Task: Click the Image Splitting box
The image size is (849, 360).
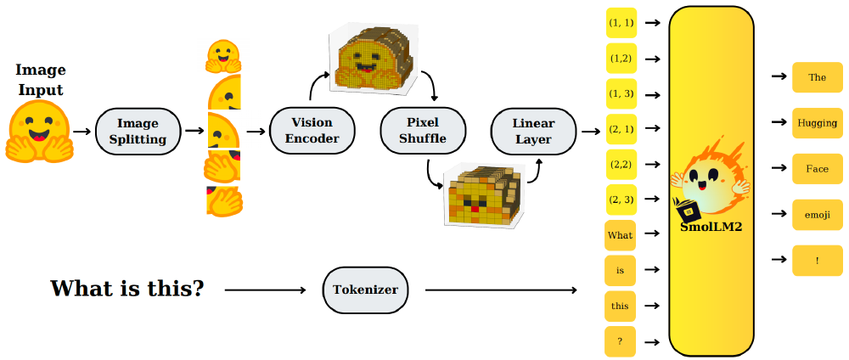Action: pyautogui.click(x=138, y=132)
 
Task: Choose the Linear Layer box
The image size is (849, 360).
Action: pyautogui.click(x=532, y=132)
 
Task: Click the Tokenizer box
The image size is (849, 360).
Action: pyautogui.click(x=366, y=290)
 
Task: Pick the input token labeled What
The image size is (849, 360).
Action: pyautogui.click(x=620, y=233)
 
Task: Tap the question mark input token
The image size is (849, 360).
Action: pyautogui.click(x=620, y=341)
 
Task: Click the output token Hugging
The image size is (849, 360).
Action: pyautogui.click(x=817, y=123)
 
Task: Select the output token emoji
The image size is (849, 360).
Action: pyautogui.click(x=817, y=215)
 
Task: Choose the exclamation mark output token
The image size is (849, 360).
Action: pyautogui.click(x=817, y=261)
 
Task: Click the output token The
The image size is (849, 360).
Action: pyautogui.click(x=817, y=77)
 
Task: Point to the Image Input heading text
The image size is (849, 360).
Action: pyautogui.click(x=40, y=80)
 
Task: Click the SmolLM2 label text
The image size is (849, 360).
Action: pyautogui.click(x=711, y=228)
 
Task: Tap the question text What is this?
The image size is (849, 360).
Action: pyautogui.click(x=127, y=289)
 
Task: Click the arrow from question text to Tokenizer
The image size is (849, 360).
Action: pyautogui.click(x=265, y=290)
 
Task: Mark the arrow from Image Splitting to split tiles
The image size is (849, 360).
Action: pyautogui.click(x=194, y=132)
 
